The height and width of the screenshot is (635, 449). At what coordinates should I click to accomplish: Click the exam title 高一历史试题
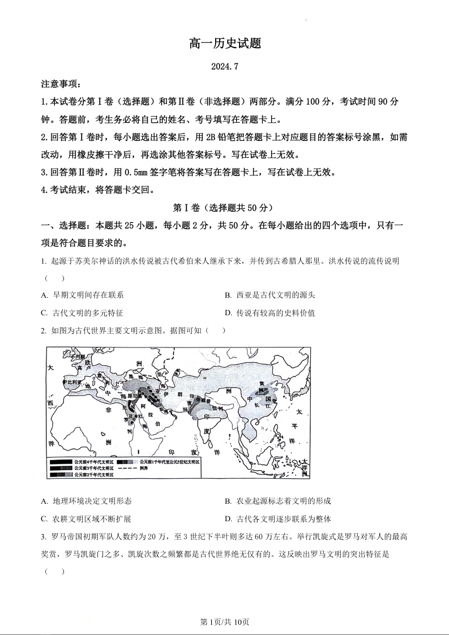[x=224, y=44]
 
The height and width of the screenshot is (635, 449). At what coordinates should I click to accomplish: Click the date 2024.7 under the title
[x=224, y=66]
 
